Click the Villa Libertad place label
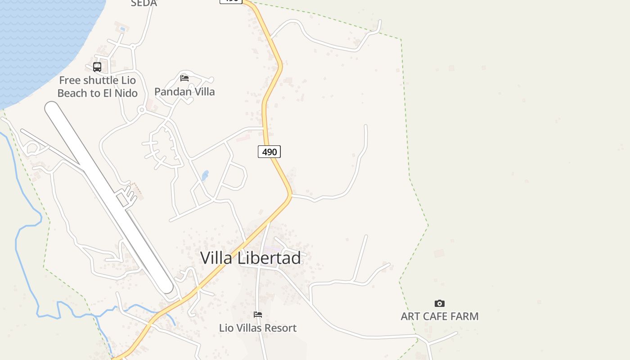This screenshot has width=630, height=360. pos(250,258)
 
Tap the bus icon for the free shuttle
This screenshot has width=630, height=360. pos(97,67)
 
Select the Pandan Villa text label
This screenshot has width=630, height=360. pos(184,92)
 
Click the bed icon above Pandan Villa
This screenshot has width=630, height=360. pos(184,78)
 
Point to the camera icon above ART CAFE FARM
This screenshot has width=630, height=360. pos(440,303)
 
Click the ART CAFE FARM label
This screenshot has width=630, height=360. pos(440,316)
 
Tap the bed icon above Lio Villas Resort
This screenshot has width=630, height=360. pos(258,315)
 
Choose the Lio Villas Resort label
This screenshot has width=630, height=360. pos(258,328)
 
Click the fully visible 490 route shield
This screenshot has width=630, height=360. pos(269,152)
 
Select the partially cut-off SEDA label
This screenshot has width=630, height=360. pos(144,4)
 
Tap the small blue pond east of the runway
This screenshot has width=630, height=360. pos(205,175)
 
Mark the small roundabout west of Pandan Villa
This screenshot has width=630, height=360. pos(142,110)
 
